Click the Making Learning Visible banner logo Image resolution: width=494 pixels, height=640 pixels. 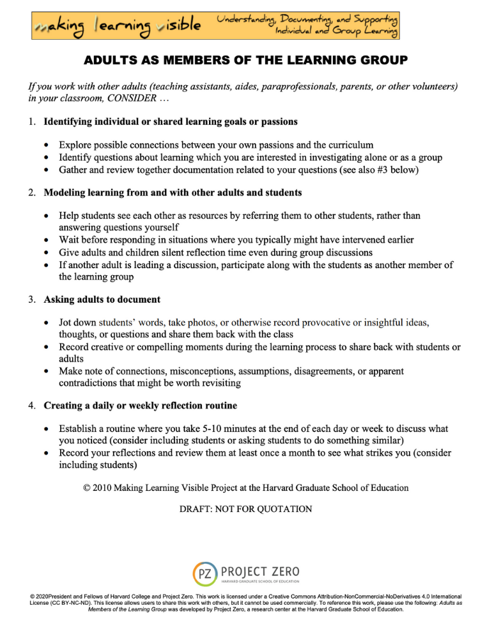coord(119,26)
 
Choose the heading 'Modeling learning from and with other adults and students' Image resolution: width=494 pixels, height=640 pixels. coord(173,192)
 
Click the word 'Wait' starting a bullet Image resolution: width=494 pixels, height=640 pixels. coord(69,239)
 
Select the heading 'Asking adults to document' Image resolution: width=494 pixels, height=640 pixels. coord(102,299)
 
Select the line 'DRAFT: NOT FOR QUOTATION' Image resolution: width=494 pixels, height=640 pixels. coord(247,509)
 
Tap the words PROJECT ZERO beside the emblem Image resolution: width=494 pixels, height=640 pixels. coord(259,569)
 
